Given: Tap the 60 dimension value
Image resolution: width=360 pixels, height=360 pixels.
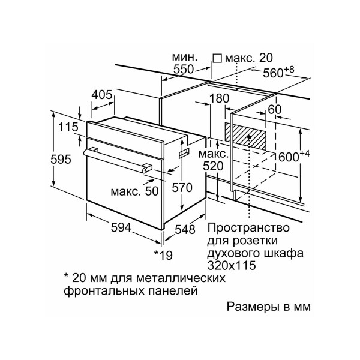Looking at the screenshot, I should click(275, 110).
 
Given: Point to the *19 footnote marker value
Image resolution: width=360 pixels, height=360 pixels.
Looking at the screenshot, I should click(163, 256).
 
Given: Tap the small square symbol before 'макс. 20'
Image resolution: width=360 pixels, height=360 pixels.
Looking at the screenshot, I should click(217, 58).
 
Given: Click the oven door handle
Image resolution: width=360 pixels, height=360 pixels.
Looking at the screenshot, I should click(117, 159).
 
